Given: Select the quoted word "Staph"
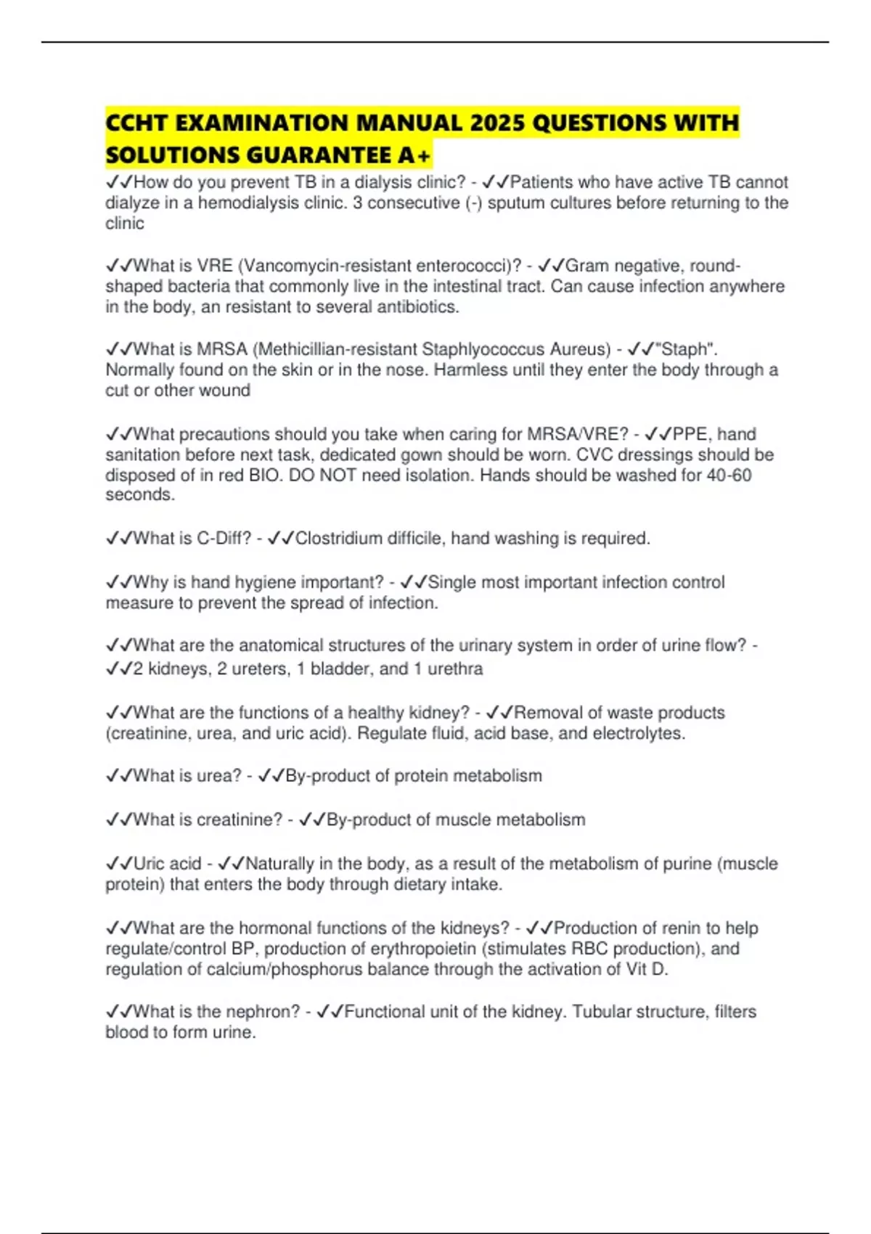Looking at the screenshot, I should (686, 349).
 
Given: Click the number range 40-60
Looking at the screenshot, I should (729, 475).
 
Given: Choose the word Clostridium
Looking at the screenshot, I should (338, 539).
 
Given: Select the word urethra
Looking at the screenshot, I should (455, 669).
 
